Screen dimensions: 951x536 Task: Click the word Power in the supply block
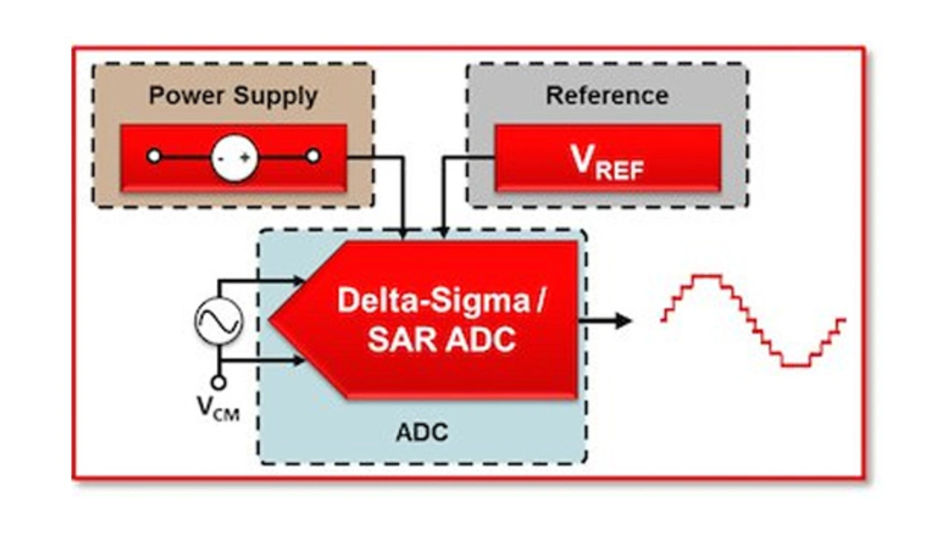click(186, 95)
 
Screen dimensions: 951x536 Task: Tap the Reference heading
click(607, 95)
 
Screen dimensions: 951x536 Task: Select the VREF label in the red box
click(607, 163)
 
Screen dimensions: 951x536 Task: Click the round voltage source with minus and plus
click(234, 158)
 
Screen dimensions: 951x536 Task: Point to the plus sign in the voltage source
click(245, 158)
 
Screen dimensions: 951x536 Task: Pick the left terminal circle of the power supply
click(154, 156)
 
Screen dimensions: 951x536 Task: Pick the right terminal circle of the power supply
click(314, 156)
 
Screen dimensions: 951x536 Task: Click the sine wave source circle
click(218, 320)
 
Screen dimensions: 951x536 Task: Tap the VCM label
click(218, 408)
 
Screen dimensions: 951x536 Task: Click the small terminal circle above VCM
click(218, 383)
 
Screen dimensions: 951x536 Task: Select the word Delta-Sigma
click(433, 300)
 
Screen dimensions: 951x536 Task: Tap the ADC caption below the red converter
click(422, 433)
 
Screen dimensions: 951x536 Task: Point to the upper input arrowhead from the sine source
click(299, 280)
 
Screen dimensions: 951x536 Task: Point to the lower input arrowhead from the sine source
click(299, 361)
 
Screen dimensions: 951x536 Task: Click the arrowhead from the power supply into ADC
click(403, 233)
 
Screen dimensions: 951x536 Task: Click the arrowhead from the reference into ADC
click(444, 233)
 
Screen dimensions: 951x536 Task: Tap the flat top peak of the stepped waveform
click(707, 277)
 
